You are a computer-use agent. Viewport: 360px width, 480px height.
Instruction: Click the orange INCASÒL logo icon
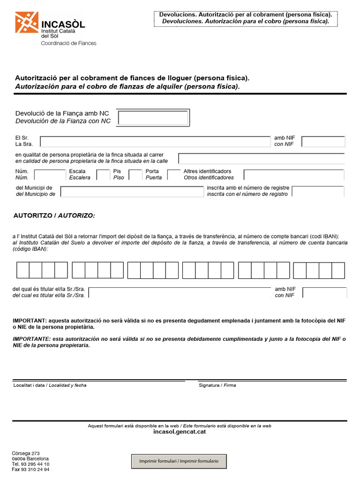coord(27,22)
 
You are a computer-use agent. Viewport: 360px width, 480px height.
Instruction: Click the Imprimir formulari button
coord(179,461)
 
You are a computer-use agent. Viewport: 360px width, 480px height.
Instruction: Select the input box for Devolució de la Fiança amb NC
coord(153,118)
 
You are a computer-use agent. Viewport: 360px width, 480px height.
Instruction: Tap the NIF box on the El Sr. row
coord(323,142)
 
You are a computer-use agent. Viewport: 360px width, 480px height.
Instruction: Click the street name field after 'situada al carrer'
coord(261,158)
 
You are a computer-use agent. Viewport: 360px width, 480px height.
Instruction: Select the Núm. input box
coord(50,175)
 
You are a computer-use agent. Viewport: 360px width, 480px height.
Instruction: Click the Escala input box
coord(103,175)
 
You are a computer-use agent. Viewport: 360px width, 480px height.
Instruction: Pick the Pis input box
coord(135,175)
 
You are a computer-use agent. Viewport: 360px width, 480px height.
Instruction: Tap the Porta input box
coord(173,175)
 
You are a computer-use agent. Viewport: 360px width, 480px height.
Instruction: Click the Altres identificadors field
coord(293,175)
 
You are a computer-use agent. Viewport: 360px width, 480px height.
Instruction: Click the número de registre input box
coord(317,191)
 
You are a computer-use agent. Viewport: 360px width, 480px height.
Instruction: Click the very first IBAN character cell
coord(23,270)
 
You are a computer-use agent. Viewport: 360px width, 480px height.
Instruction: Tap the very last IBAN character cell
coord(338,270)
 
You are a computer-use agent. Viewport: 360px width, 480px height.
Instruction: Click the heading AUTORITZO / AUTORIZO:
coord(54,216)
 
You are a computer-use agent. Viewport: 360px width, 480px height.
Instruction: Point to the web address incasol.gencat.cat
coord(180,432)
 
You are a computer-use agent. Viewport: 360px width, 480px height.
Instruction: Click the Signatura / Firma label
coord(217,385)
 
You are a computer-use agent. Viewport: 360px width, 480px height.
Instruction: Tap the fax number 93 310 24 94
coord(30,469)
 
